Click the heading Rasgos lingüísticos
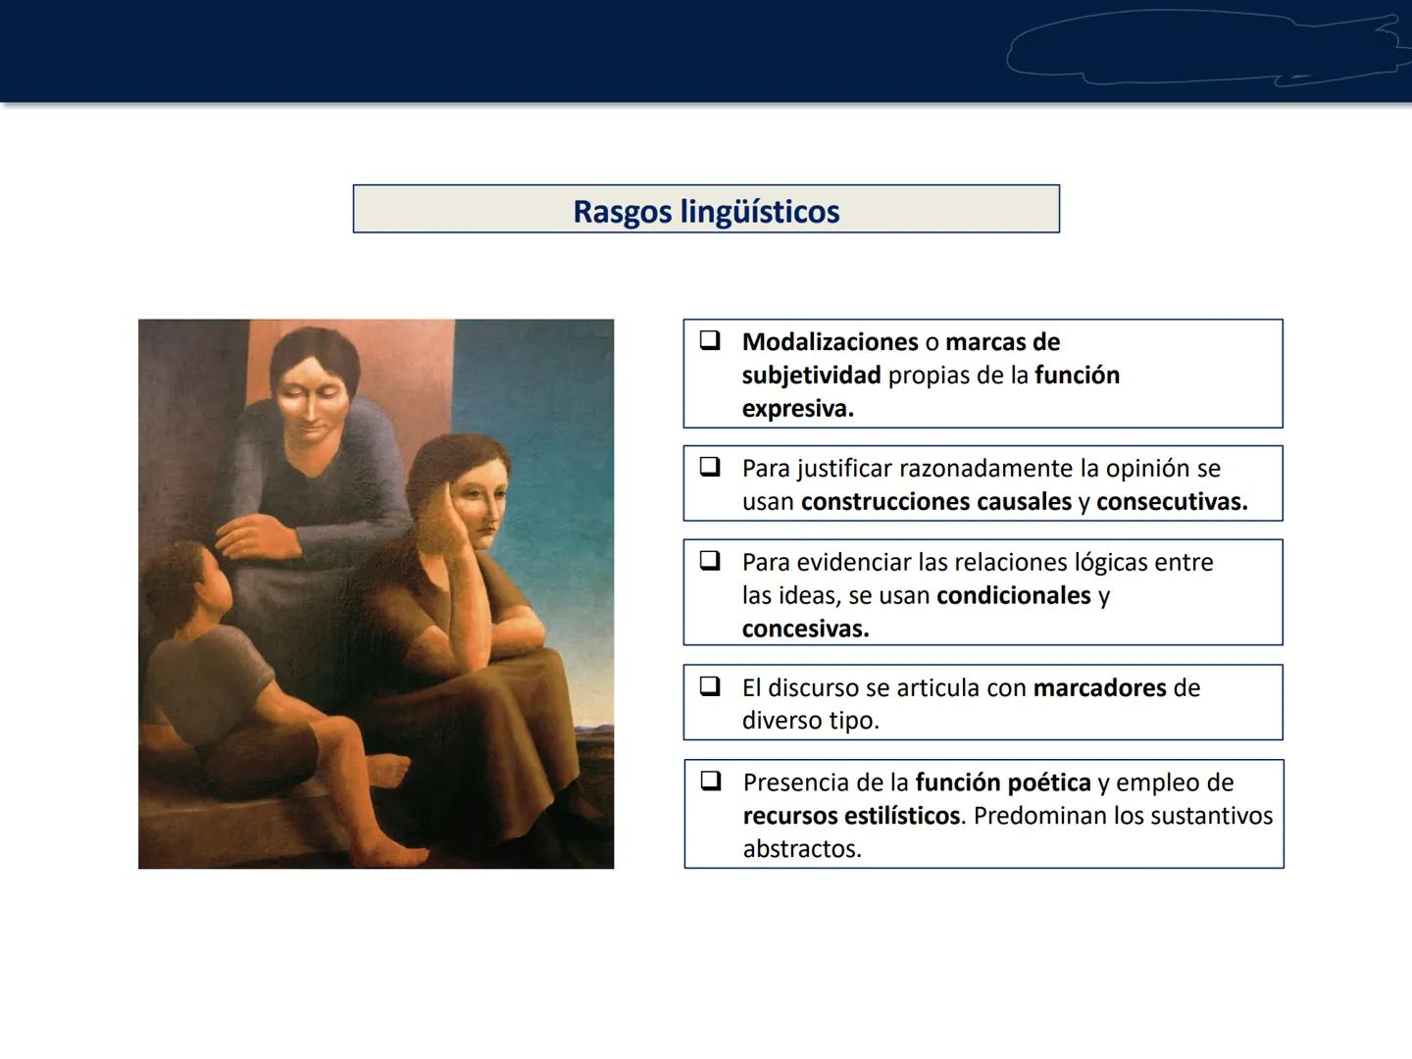click(x=706, y=211)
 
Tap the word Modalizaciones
click(x=830, y=342)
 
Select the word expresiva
click(x=797, y=409)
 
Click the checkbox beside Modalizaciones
click(x=710, y=340)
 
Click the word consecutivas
click(x=1171, y=502)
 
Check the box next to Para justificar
click(x=710, y=467)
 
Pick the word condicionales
click(x=1013, y=596)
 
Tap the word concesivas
click(x=805, y=630)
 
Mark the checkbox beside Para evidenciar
click(x=710, y=561)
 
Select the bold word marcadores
click(x=1099, y=688)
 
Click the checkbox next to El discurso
click(x=710, y=686)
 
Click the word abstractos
click(x=801, y=849)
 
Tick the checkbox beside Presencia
click(x=711, y=781)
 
